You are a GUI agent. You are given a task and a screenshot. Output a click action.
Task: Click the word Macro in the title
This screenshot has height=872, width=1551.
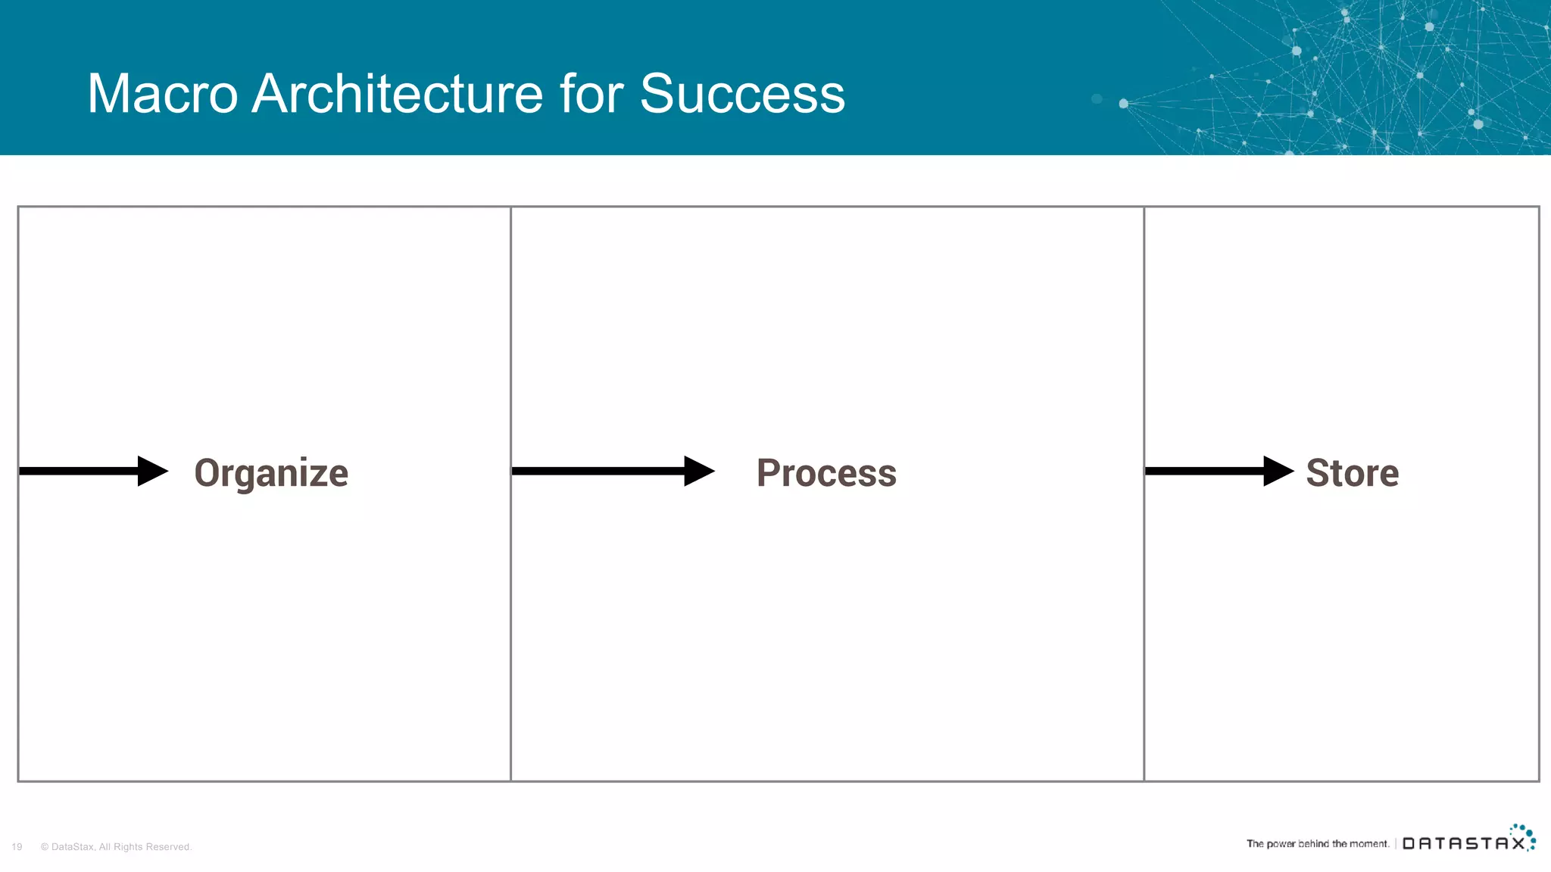(162, 94)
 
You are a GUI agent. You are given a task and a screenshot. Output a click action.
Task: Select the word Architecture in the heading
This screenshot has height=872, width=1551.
(398, 94)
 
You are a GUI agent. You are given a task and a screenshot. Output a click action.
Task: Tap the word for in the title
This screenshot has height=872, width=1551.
(591, 94)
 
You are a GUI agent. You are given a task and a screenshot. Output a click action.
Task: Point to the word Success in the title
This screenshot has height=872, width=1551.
(742, 94)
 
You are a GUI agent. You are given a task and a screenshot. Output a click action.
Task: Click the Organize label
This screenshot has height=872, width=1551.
(271, 473)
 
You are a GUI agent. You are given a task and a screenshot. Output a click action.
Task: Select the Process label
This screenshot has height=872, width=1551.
(826, 473)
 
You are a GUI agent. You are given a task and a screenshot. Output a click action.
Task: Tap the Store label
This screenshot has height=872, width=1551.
(1352, 473)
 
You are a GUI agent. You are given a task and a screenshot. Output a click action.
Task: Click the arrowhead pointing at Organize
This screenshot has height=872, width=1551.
(151, 471)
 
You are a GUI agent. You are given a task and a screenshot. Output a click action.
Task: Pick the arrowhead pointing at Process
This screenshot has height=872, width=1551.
(697, 471)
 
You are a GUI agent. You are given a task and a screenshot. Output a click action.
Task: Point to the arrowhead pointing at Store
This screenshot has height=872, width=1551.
(1278, 471)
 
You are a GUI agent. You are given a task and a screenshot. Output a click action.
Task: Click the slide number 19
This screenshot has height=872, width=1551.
(17, 847)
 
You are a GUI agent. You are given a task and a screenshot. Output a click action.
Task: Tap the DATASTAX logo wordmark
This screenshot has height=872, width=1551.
(1463, 843)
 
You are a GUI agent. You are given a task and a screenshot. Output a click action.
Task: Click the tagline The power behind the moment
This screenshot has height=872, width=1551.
(1317, 843)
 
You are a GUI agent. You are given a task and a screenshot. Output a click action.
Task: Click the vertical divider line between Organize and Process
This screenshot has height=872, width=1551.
(510, 606)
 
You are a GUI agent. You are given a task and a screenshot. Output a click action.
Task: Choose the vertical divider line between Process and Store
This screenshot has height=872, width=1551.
(1144, 606)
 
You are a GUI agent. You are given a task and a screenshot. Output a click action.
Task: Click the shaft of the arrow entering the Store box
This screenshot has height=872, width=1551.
(1204, 471)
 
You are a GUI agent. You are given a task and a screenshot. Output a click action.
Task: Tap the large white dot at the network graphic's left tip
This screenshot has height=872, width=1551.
(1123, 104)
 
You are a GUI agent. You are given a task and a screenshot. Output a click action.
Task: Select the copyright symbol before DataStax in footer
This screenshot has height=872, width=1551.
(45, 847)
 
